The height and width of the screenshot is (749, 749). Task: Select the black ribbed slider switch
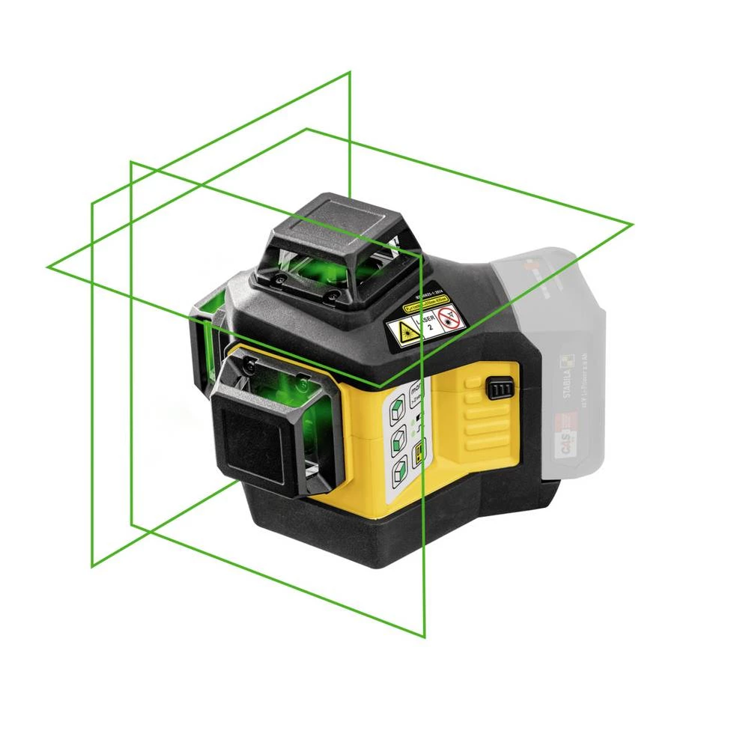pyautogui.click(x=498, y=389)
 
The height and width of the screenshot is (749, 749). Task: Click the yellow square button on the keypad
pyautogui.click(x=419, y=449)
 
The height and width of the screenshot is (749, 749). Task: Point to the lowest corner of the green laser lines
pyautogui.click(x=425, y=637)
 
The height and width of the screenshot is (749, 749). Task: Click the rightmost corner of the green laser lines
pyautogui.click(x=633, y=223)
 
